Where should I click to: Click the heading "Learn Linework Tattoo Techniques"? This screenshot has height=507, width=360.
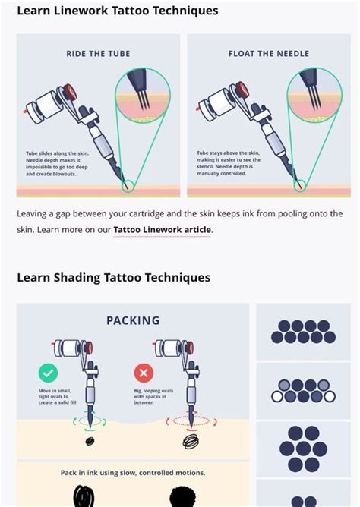117,11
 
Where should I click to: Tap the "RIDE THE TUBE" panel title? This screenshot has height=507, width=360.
98,54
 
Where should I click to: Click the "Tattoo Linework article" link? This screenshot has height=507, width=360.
162,229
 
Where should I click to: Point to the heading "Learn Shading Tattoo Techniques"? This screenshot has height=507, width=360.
113,277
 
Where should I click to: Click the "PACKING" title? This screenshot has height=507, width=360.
133,321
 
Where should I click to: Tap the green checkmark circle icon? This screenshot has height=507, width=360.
47,373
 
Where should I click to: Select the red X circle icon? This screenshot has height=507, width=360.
143,373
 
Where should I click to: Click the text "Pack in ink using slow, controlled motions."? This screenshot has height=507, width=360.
133,473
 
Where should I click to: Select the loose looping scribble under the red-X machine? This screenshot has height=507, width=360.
190,440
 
